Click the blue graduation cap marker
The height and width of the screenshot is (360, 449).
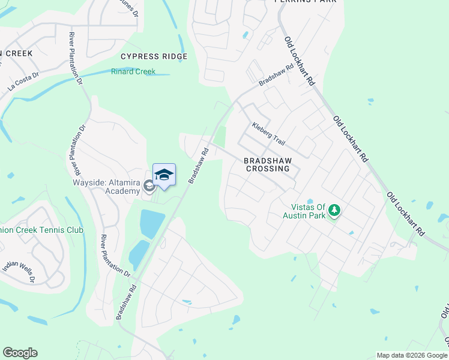[x=164, y=175]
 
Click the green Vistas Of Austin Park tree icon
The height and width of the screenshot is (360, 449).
[x=335, y=211]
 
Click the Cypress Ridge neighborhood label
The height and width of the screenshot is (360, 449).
[x=154, y=56]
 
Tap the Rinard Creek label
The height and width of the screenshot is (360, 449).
[x=133, y=71]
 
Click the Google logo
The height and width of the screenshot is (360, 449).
[x=20, y=353]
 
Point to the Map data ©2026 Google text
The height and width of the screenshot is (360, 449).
[x=411, y=355]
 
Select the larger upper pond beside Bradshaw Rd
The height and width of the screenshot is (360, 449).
[x=152, y=224]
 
